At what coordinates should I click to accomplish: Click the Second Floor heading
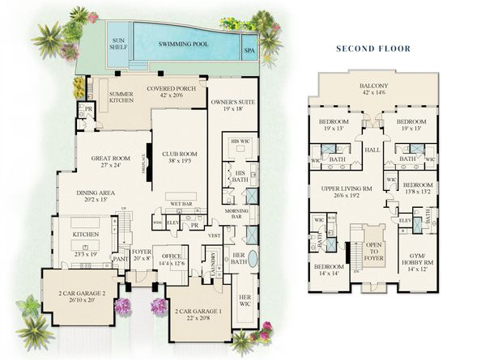(374, 49)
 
